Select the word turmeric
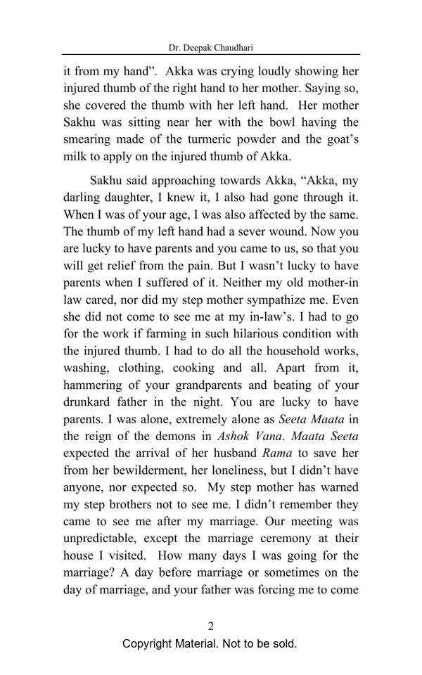pyautogui.click(x=207, y=139)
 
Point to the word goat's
pyautogui.click(x=337, y=139)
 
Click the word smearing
pyautogui.click(x=89, y=139)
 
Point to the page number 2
pyautogui.click(x=210, y=626)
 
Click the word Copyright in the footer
pyautogui.click(x=150, y=644)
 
